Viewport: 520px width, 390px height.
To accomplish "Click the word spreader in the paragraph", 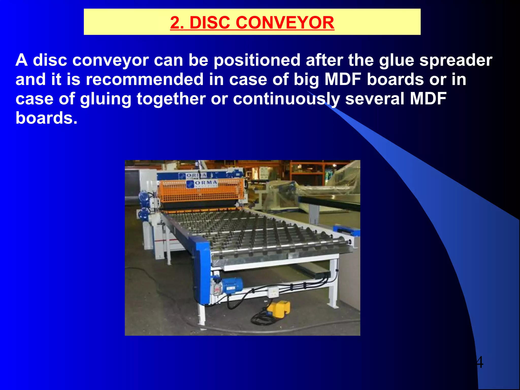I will click(456, 60).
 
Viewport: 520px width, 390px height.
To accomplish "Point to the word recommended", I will click(144, 79).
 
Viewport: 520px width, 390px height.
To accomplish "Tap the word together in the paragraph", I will click(171, 99).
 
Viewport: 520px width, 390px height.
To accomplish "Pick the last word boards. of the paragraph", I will click(46, 118).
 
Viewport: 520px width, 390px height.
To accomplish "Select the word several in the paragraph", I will click(375, 99).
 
